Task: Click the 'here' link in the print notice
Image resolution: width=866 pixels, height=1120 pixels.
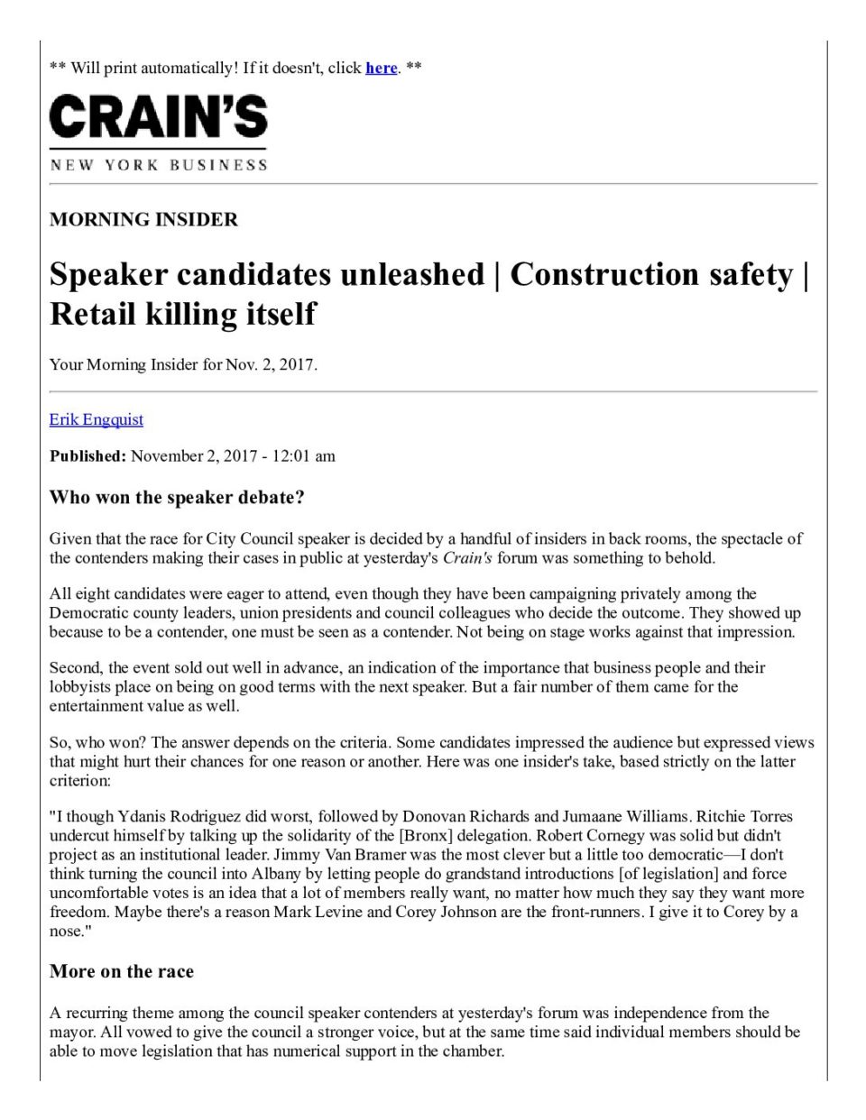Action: (381, 69)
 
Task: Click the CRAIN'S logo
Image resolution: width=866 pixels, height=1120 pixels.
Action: (159, 118)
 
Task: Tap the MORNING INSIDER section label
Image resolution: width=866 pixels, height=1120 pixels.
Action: (143, 220)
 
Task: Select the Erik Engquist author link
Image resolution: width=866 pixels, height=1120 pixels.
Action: (97, 419)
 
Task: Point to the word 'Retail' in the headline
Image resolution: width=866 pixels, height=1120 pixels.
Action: (97, 314)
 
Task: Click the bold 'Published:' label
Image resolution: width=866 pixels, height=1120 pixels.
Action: (88, 456)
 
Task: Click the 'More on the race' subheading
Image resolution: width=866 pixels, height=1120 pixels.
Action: (122, 972)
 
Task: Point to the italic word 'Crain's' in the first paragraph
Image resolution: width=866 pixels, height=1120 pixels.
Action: (467, 558)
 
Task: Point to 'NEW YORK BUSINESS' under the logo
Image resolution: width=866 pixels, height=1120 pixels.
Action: (159, 165)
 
